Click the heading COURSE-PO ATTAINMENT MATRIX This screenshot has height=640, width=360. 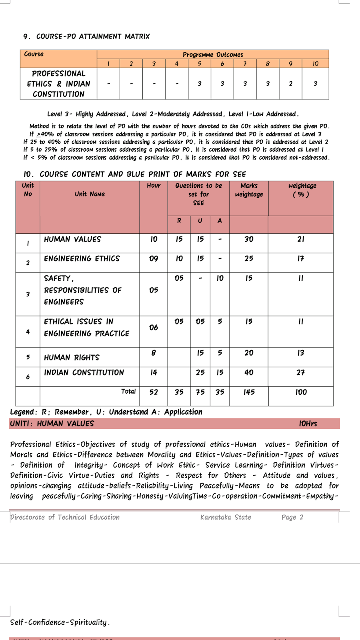pyautogui.click(x=87, y=36)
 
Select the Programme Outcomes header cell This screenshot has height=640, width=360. pyautogui.click(x=213, y=54)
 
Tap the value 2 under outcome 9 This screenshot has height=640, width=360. pyautogui.click(x=290, y=84)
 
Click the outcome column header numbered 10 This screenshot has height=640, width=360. pyautogui.click(x=315, y=64)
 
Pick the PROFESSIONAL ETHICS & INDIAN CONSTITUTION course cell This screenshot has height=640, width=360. pyautogui.click(x=58, y=84)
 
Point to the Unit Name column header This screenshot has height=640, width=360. pyautogui.click(x=90, y=194)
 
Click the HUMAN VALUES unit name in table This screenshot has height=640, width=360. pyautogui.click(x=72, y=239)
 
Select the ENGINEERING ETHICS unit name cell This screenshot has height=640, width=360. pyautogui.click(x=82, y=259)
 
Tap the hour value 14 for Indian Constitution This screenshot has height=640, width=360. pyautogui.click(x=154, y=372)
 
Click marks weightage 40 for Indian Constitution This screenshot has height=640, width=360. pyautogui.click(x=249, y=372)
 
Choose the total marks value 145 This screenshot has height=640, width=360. pyautogui.click(x=249, y=392)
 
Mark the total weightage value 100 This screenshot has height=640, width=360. pyautogui.click(x=301, y=392)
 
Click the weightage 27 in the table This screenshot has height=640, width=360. pyautogui.click(x=300, y=372)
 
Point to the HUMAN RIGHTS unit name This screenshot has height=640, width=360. pyautogui.click(x=72, y=358)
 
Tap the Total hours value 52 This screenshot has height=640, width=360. pyautogui.click(x=154, y=392)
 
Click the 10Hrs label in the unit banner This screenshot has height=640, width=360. pyautogui.click(x=308, y=424)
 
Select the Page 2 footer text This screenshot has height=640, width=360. pyautogui.click(x=292, y=517)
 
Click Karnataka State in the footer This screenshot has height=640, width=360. pyautogui.click(x=226, y=517)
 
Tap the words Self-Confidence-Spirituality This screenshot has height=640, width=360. pyautogui.click(x=60, y=622)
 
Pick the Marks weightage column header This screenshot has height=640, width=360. pyautogui.click(x=249, y=190)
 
